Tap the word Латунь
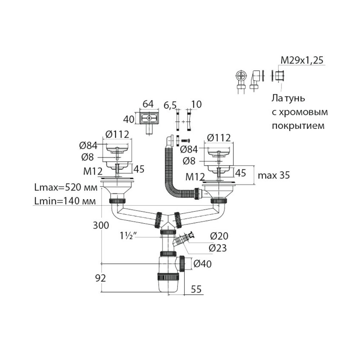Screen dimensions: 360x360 [x=288, y=98]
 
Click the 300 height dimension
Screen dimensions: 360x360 [x=101, y=226]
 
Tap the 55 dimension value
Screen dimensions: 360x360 [x=195, y=289]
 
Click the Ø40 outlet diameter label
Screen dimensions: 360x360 [x=202, y=264]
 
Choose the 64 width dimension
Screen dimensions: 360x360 [x=148, y=104]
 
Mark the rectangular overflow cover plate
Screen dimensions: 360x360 [x=148, y=118]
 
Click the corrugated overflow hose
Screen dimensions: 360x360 [x=170, y=169]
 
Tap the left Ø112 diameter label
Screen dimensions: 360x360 [x=117, y=134]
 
